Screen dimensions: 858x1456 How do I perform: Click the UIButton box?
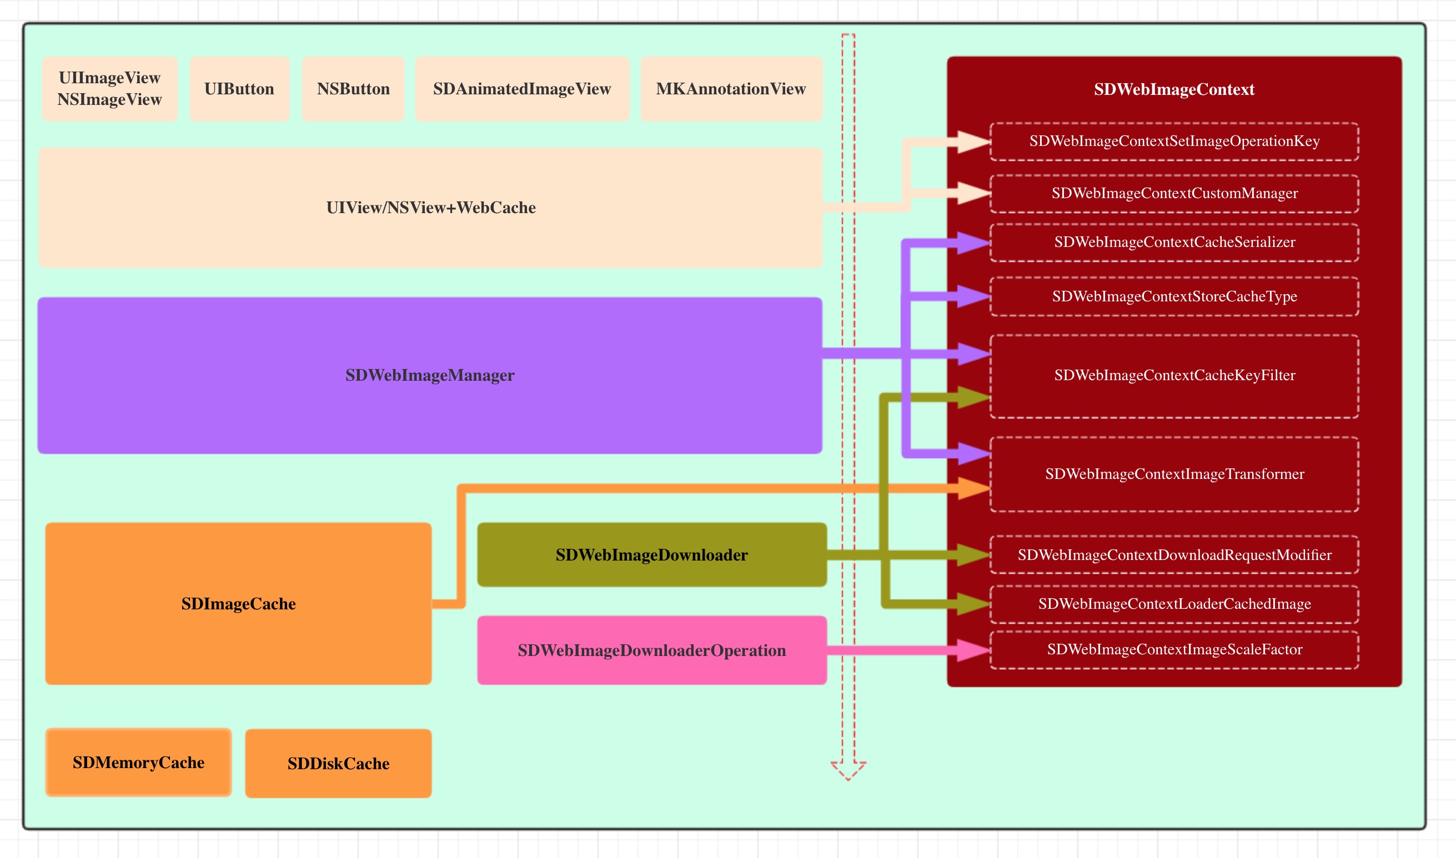(239, 88)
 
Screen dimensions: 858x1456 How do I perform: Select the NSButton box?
(353, 88)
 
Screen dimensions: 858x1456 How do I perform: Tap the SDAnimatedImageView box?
(522, 88)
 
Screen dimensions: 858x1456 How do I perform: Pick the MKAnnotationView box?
(731, 88)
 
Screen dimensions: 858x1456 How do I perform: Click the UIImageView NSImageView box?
(109, 88)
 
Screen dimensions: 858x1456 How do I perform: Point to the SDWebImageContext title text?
(1174, 89)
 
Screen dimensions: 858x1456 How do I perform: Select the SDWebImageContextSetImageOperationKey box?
(1174, 141)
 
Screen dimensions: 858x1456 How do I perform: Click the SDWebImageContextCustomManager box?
(1174, 193)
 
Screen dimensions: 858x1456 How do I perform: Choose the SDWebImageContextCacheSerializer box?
(1174, 243)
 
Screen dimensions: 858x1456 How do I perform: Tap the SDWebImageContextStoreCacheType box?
(1174, 296)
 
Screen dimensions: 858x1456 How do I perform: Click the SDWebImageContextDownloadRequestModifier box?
(1174, 555)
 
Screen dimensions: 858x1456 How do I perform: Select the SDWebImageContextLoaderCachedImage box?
(1174, 604)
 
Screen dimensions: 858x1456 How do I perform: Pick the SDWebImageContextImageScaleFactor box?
(1174, 650)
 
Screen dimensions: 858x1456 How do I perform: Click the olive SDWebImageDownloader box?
(652, 555)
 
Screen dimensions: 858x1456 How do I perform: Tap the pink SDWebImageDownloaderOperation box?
(652, 650)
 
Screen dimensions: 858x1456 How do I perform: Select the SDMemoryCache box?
(138, 763)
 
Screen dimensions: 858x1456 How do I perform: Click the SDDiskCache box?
(338, 764)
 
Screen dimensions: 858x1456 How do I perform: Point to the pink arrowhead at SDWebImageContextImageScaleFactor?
(973, 650)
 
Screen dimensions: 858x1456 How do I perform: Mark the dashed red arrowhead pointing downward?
(848, 770)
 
